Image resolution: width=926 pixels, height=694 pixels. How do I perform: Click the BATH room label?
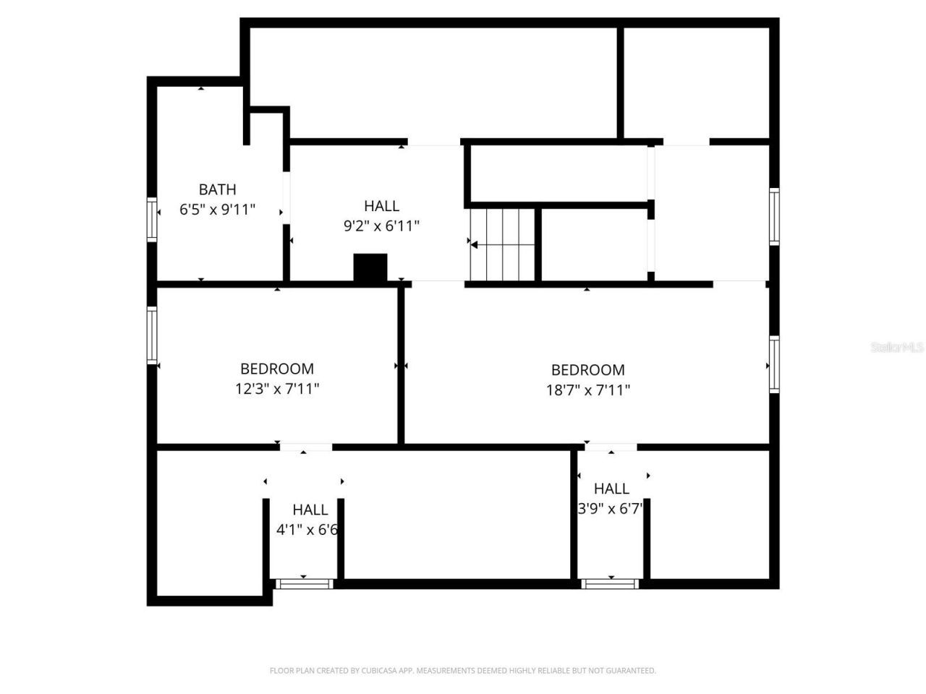(x=217, y=189)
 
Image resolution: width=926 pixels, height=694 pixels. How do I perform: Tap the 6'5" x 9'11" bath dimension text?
(x=217, y=210)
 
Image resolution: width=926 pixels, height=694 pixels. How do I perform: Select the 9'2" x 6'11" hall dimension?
(x=381, y=226)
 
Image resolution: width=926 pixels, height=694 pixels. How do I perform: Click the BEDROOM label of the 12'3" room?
(x=277, y=369)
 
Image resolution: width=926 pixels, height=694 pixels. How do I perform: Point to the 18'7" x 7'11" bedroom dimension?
(x=587, y=390)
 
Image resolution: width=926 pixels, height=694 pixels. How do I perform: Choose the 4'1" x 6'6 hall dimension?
(x=307, y=530)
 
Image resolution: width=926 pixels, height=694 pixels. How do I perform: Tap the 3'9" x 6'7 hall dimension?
(x=611, y=508)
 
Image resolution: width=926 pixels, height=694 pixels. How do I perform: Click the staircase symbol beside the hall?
(x=503, y=245)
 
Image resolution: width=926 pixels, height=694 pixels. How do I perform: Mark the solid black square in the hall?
(x=370, y=267)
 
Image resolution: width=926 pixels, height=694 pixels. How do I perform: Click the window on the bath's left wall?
(x=152, y=219)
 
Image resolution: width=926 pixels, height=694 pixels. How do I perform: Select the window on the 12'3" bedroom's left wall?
(x=152, y=335)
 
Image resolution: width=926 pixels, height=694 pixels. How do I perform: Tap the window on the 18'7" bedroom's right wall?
(x=774, y=364)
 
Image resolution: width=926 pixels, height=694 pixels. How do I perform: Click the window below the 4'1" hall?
(x=304, y=583)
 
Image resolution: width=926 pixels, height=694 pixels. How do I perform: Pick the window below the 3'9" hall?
(x=611, y=583)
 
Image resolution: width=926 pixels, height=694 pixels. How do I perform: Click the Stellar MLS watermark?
(x=897, y=348)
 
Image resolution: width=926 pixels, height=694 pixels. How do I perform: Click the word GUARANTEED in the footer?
(x=632, y=671)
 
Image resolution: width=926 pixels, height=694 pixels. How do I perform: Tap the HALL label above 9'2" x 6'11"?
(x=381, y=206)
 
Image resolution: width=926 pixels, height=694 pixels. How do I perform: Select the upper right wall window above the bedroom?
(x=774, y=216)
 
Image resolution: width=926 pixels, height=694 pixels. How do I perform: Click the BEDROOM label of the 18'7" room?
(x=587, y=370)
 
